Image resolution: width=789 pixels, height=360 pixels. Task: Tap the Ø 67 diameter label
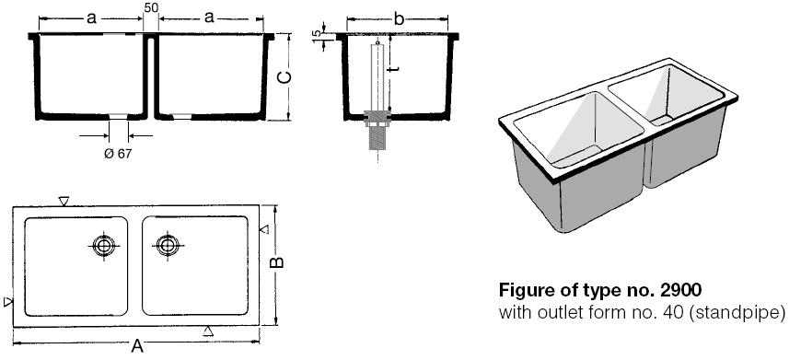coord(118,154)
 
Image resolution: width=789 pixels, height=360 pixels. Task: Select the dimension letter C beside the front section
coord(284,77)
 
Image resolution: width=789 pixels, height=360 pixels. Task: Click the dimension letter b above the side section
coord(399,19)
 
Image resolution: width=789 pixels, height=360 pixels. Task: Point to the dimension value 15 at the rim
coord(317,35)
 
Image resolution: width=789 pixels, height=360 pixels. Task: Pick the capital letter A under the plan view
coord(137,346)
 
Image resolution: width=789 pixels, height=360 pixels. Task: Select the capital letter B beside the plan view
coord(277,262)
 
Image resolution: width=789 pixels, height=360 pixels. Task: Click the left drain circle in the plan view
coord(104,246)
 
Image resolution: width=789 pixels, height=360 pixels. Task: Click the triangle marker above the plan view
coord(64,201)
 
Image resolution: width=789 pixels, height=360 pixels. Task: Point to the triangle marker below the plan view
coord(208,331)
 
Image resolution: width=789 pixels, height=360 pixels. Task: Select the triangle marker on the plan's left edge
coord(8,302)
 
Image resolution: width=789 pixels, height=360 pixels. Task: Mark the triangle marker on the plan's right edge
coord(264,229)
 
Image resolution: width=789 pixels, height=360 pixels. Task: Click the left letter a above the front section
coord(91,18)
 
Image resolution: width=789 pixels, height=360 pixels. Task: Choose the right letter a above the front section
coord(209,17)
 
